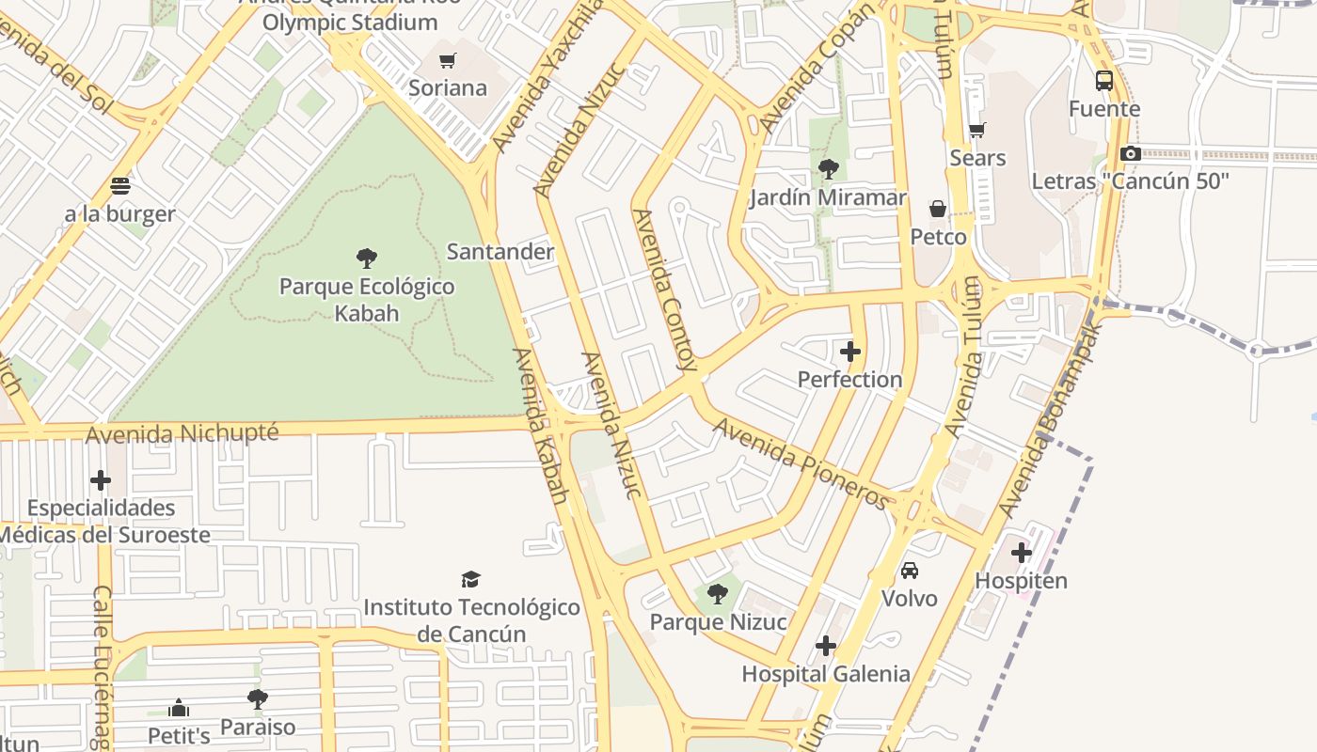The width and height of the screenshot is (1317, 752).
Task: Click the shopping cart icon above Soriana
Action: pos(448,61)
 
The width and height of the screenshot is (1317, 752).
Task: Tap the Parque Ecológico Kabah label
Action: pos(367,299)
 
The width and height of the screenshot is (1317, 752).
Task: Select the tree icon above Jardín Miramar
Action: pos(829,169)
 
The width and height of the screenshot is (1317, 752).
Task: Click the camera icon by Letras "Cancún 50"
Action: pos(1131,153)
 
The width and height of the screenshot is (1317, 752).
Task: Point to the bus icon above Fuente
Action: pos(1104,81)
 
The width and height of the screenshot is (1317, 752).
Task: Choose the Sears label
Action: pos(977,158)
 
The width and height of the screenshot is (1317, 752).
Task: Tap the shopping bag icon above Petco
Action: pos(938,208)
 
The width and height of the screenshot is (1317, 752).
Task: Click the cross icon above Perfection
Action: pos(850,352)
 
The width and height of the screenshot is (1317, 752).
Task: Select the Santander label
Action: pos(500,252)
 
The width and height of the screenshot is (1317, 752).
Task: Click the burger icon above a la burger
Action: pos(120,185)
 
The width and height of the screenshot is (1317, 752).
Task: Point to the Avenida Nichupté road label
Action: pos(182,433)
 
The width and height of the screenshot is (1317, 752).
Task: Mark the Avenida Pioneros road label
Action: pos(801,463)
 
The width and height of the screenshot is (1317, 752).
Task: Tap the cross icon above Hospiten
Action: pos(1022,553)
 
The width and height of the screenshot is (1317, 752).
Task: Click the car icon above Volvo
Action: pos(910,571)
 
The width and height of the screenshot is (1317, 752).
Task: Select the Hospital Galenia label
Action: pos(826,674)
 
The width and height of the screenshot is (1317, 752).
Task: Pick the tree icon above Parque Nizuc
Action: pos(718,594)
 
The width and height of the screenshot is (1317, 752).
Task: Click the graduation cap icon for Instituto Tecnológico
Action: pos(471,579)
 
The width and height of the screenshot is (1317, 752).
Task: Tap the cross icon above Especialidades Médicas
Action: pos(101,480)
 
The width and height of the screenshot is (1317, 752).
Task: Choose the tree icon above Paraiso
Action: pos(257,699)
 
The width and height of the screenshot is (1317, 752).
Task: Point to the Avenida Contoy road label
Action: pos(666,289)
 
